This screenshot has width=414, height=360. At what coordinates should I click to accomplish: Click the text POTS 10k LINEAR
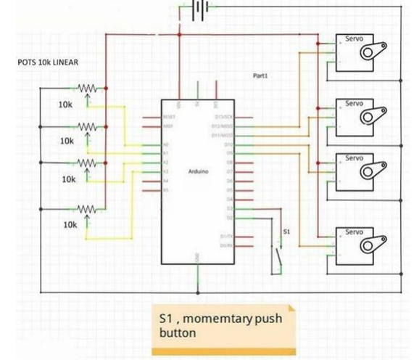(48, 62)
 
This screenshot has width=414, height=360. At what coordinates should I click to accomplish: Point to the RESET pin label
(170, 116)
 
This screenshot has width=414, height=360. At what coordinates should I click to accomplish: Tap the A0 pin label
(166, 145)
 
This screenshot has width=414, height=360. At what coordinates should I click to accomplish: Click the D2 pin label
(229, 216)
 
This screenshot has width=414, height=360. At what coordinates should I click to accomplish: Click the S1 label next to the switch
(286, 232)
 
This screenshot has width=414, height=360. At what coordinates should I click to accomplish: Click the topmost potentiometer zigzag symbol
(87, 89)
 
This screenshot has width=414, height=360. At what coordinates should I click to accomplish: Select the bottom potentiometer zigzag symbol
(87, 209)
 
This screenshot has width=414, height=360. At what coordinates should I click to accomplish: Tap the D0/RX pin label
(225, 245)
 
